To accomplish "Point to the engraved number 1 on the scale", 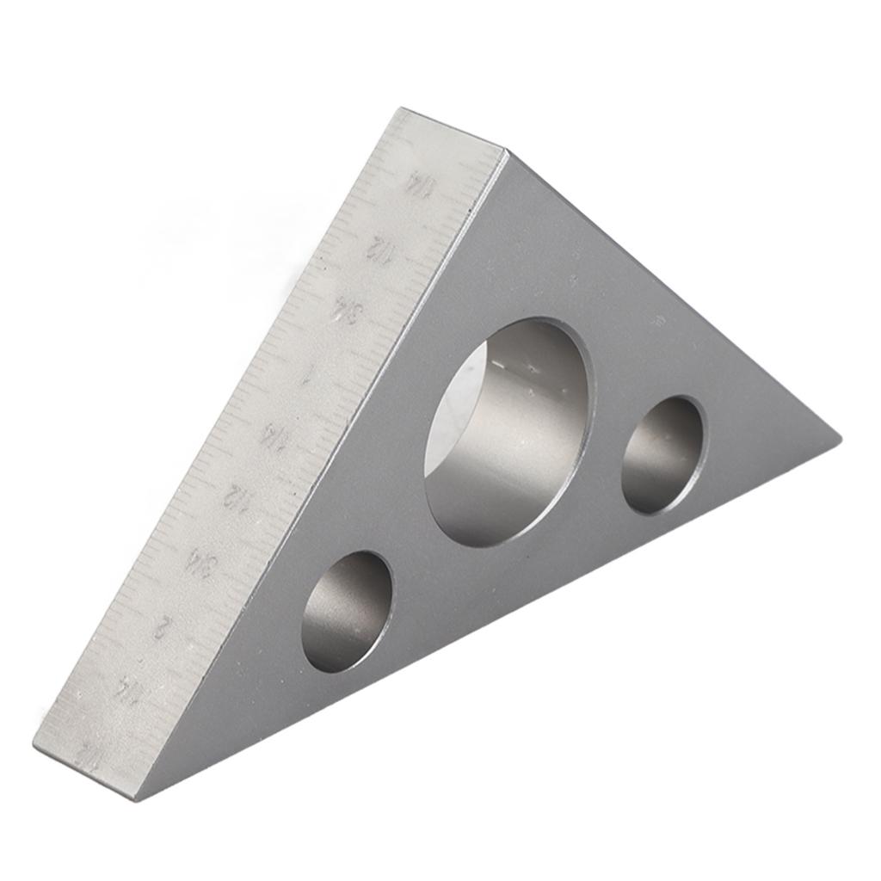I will click(307, 375).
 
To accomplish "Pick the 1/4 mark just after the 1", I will click(274, 435).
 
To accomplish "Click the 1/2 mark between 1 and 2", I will click(236, 496).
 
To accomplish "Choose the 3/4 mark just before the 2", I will click(200, 564).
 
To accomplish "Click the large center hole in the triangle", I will click(508, 432).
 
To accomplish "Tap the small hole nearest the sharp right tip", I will click(662, 455).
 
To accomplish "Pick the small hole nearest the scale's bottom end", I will click(347, 612).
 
